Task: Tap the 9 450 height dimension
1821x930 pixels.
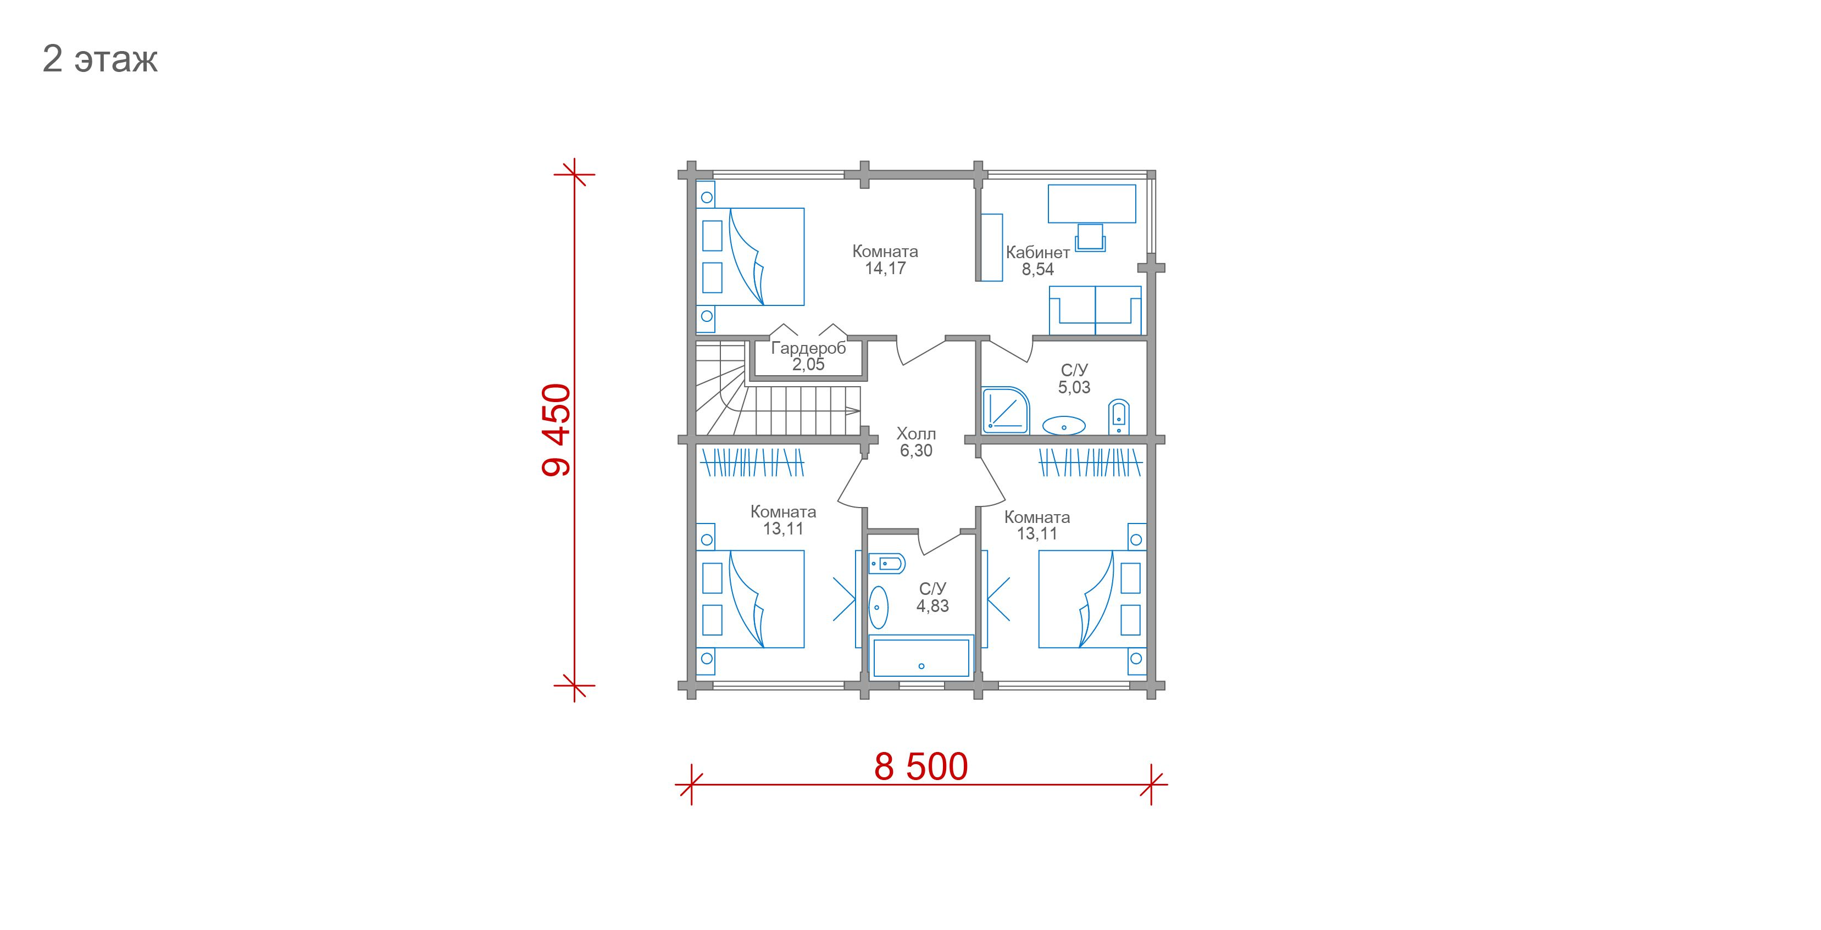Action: (x=556, y=430)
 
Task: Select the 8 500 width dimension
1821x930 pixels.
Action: (x=921, y=766)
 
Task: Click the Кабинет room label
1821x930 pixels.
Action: (x=1038, y=252)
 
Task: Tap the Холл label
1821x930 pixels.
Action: (x=916, y=433)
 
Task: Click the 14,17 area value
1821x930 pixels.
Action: (x=885, y=269)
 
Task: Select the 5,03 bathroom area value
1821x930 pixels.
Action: (x=1074, y=387)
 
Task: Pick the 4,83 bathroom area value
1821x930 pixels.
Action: (x=932, y=606)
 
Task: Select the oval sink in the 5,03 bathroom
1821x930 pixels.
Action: (x=1064, y=425)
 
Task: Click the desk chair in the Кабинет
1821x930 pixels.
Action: (x=1090, y=237)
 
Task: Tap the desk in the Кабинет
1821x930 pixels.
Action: (x=1091, y=204)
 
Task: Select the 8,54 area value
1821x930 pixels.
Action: (x=1038, y=269)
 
